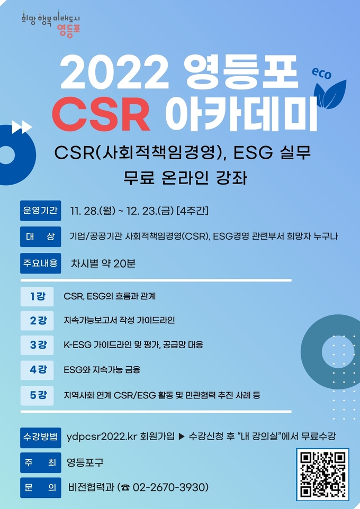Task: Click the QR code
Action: click(322, 474)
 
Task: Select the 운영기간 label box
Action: click(40, 211)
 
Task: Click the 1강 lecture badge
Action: click(37, 296)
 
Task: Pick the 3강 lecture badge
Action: click(37, 345)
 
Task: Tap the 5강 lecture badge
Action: click(37, 395)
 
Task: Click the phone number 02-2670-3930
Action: click(170, 487)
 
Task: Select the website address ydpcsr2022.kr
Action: click(102, 437)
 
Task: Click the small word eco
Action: click(321, 74)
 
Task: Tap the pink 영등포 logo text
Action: click(68, 30)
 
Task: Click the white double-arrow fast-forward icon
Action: click(22, 127)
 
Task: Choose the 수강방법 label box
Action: click(40, 437)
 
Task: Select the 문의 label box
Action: click(40, 488)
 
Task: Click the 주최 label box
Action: click(40, 462)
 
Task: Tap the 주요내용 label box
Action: click(40, 263)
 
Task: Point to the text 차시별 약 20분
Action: click(103, 263)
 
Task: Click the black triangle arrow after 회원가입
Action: click(182, 437)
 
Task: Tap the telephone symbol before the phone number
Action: click(126, 488)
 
